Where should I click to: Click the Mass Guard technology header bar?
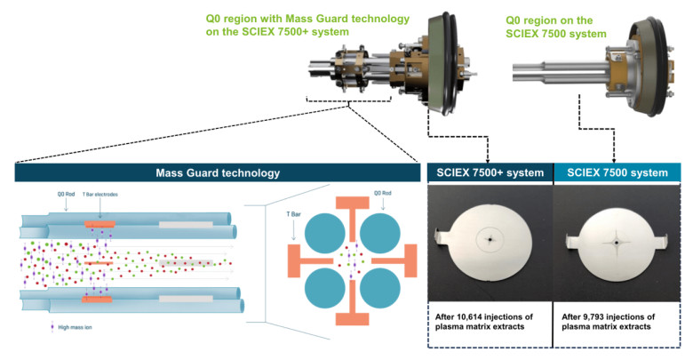[x=218, y=172]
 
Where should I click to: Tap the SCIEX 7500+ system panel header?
[x=490, y=173]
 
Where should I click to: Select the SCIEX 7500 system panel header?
[x=617, y=173]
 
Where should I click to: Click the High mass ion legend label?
[x=75, y=328]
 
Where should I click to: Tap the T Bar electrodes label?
[x=100, y=194]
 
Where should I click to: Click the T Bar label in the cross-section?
[x=293, y=214]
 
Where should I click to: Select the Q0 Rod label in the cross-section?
[x=383, y=193]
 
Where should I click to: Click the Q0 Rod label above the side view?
[x=66, y=194]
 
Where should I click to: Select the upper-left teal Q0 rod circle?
[x=325, y=233]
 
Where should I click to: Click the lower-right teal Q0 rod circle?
[x=380, y=288]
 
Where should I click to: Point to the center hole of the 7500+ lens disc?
[x=490, y=240]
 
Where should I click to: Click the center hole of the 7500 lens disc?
[x=616, y=243]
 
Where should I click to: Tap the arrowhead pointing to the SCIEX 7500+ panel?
[x=488, y=161]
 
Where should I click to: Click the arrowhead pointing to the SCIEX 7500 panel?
[x=614, y=161]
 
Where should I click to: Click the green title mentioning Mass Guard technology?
[x=307, y=25]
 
